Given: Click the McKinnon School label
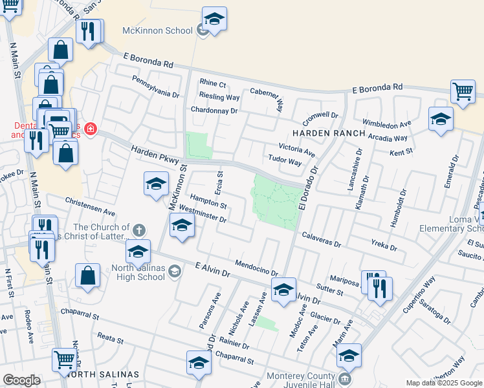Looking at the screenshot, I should pyautogui.click(x=157, y=30).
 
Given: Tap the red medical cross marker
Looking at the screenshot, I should pyautogui.click(x=90, y=129).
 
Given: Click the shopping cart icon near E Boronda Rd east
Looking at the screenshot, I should pyautogui.click(x=463, y=92).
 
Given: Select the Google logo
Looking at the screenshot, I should pyautogui.click(x=21, y=380).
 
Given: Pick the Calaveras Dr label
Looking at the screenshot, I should pyautogui.click(x=320, y=240).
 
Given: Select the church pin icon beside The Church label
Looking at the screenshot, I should pyautogui.click(x=138, y=230).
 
